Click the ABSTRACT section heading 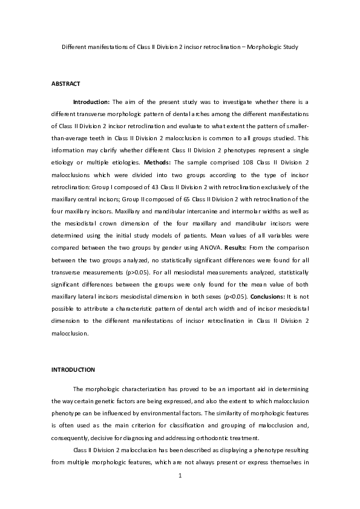tap(66, 83)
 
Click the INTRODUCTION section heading tap(73, 369)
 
